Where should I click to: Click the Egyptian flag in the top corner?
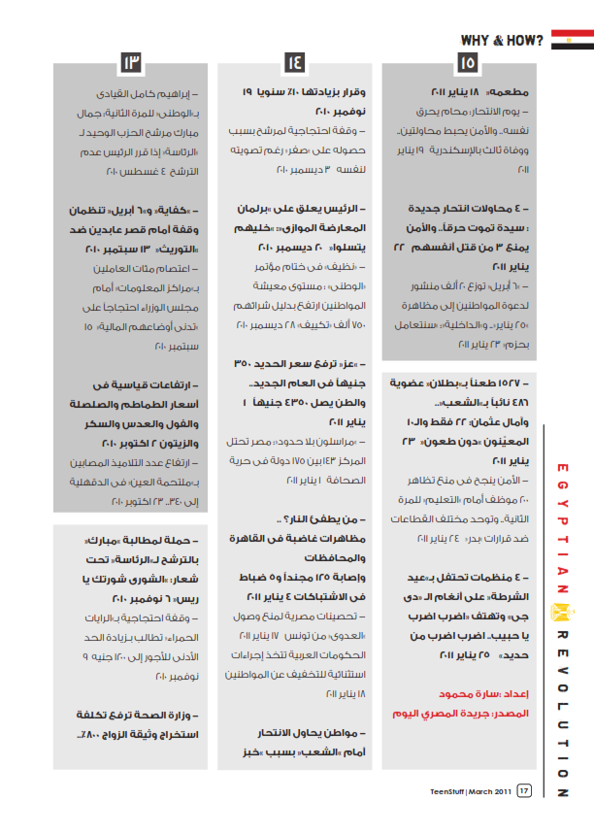pos(572,40)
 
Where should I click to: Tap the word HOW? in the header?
pos(525,40)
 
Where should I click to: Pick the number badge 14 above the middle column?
pos(294,65)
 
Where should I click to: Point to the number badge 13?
pos(132,65)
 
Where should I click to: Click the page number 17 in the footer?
pos(524,791)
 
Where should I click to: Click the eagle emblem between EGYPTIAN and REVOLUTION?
pos(562,612)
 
